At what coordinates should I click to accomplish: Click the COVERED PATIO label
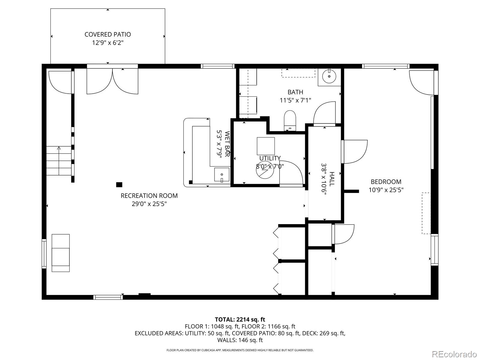(108, 34)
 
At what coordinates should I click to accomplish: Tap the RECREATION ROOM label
(149, 196)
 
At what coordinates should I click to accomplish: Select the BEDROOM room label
(386, 181)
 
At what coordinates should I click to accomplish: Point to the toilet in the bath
(290, 121)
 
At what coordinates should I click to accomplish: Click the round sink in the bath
(329, 76)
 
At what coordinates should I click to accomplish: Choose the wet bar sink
(222, 175)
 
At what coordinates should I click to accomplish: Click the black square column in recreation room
(119, 185)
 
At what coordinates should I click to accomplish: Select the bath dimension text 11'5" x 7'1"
(295, 100)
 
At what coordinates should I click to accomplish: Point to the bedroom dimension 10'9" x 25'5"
(386, 190)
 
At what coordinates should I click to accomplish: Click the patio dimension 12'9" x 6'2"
(108, 43)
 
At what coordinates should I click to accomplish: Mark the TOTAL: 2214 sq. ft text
(240, 319)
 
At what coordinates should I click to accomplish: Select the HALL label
(332, 179)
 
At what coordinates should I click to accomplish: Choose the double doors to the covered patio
(112, 81)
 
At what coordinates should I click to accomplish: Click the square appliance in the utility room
(266, 146)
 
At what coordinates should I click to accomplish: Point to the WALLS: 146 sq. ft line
(240, 340)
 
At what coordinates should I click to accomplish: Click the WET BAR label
(227, 144)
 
